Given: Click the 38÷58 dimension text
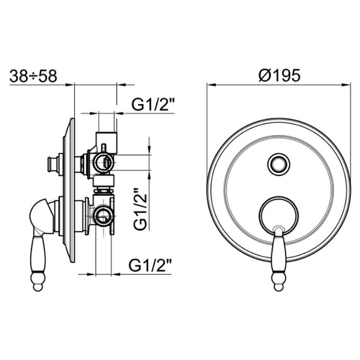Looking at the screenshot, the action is click(x=33, y=76).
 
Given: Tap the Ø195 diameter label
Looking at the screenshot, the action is click(x=279, y=75).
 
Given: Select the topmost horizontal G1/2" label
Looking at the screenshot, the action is click(x=153, y=104).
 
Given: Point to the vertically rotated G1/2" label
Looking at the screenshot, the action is click(x=140, y=209).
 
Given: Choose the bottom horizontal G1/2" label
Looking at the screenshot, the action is click(x=150, y=265).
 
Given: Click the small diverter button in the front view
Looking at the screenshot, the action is click(x=279, y=165).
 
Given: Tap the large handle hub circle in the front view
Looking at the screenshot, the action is click(x=279, y=215).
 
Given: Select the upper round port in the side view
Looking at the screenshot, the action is click(x=103, y=163).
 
